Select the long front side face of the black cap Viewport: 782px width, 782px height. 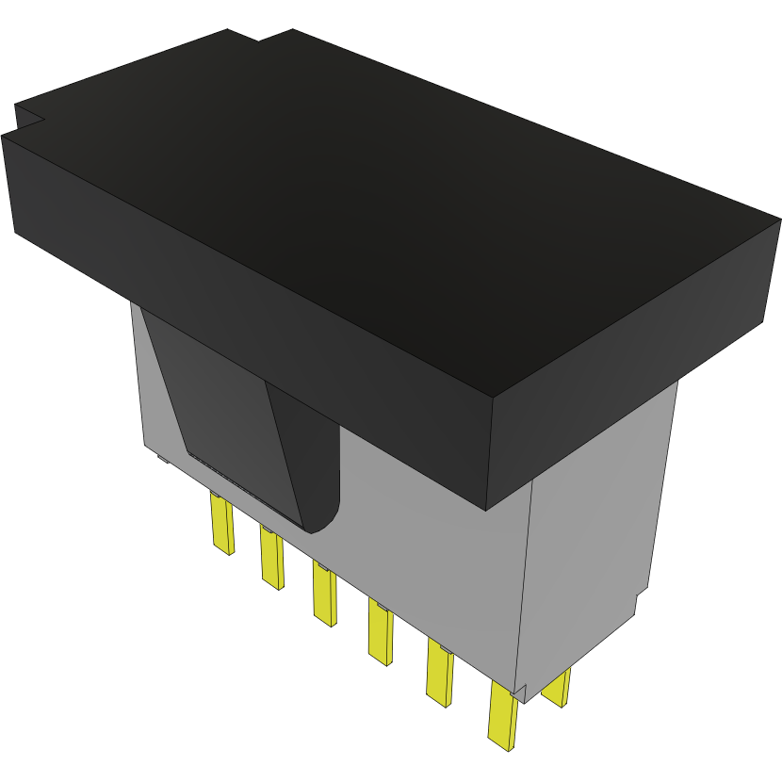click(245, 311)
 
